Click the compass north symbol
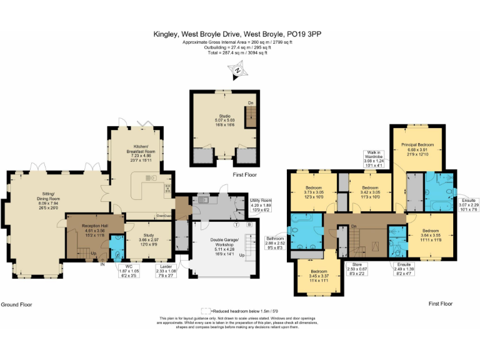238,72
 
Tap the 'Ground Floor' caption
17,304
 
